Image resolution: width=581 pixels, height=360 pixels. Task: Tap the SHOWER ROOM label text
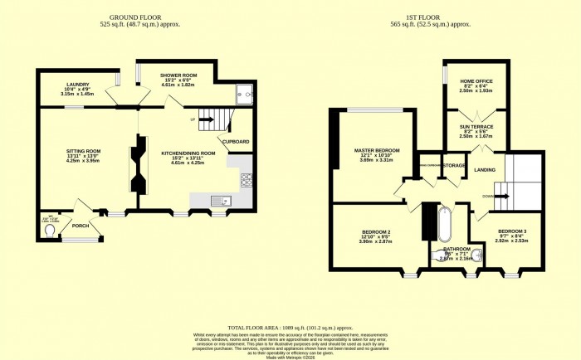[176, 74]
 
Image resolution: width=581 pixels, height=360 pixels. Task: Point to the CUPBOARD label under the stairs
[236, 142]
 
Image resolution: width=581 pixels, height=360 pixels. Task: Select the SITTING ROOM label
[82, 150]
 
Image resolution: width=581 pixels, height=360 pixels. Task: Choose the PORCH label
[81, 224]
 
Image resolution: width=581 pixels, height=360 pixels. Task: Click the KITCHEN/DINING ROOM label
[188, 153]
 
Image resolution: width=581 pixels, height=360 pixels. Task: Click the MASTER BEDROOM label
[369, 149]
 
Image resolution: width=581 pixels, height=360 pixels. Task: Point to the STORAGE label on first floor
[453, 165]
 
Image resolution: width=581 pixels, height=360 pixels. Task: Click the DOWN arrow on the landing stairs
[490, 196]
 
